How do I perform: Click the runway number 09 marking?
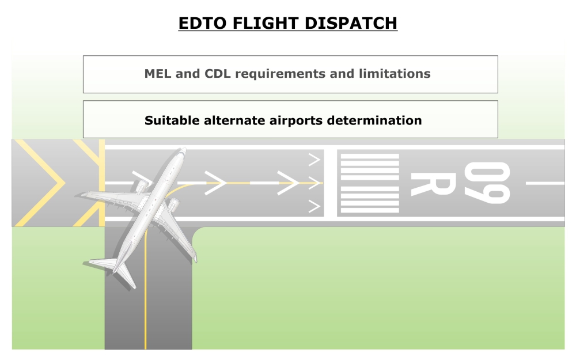pyautogui.click(x=487, y=183)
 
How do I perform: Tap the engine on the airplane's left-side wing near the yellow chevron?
pyautogui.click(x=141, y=186)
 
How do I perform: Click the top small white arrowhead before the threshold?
pyautogui.click(x=314, y=157)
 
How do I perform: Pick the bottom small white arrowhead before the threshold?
pyautogui.click(x=314, y=206)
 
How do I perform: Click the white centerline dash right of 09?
pyautogui.click(x=545, y=183)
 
